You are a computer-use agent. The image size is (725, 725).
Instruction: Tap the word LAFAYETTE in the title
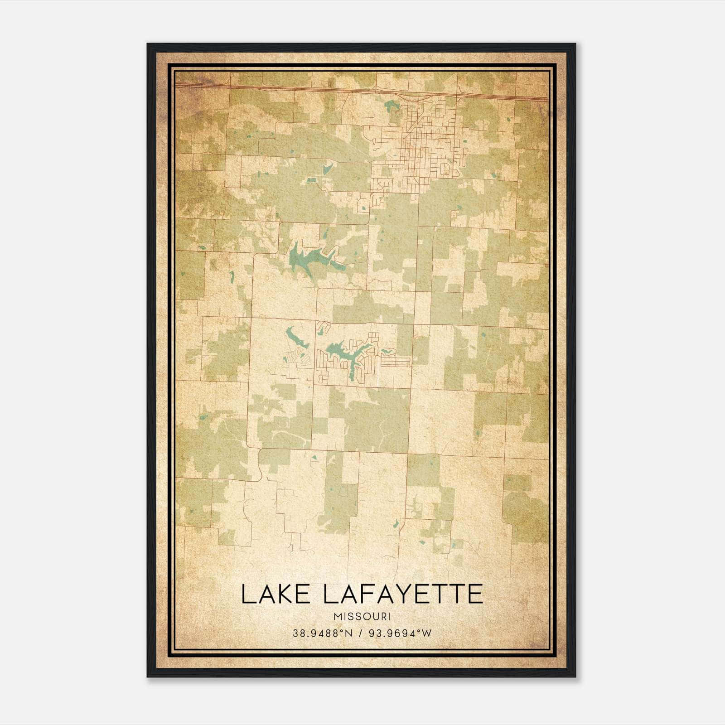coord(403,594)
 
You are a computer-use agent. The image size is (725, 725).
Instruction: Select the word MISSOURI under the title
coord(362,617)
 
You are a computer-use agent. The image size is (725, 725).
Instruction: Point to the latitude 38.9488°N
coord(322,633)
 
